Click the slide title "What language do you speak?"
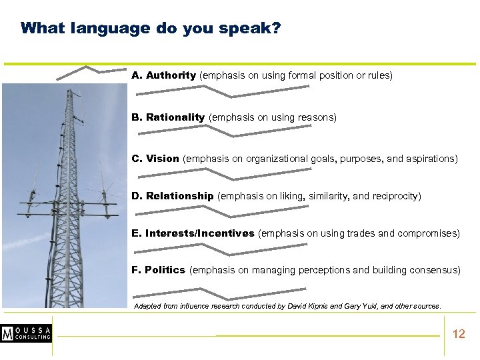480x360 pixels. [x=150, y=29]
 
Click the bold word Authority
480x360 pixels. [x=171, y=75]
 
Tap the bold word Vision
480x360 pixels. [x=163, y=159]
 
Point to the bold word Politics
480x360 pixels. [x=165, y=270]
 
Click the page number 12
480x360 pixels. [x=459, y=334]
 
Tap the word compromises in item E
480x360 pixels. [x=428, y=233]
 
